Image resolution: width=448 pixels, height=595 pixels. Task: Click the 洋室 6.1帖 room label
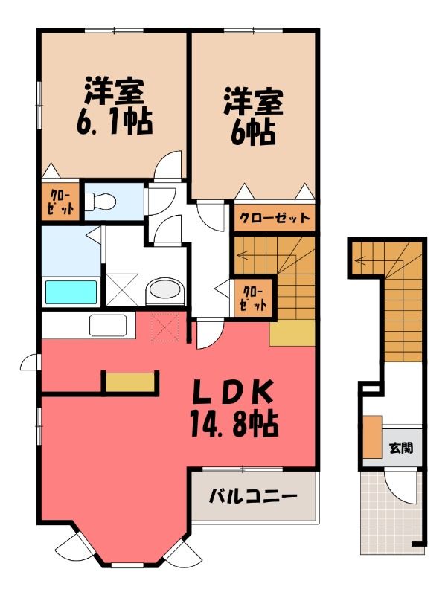pyautogui.click(x=115, y=106)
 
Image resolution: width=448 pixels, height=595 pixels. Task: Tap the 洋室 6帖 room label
pyautogui.click(x=253, y=116)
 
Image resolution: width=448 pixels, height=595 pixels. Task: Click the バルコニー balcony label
pyautogui.click(x=253, y=496)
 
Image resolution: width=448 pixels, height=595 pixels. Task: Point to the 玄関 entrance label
pyautogui.click(x=401, y=448)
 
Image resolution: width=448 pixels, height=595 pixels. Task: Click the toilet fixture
pyautogui.click(x=100, y=201)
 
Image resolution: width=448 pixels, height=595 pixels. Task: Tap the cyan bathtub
pyautogui.click(x=71, y=292)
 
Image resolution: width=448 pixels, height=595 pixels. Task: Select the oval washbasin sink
pyautogui.click(x=164, y=291)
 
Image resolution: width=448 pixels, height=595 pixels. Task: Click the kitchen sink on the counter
pyautogui.click(x=108, y=325)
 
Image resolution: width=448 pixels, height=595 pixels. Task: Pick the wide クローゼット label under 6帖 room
pyautogui.click(x=275, y=218)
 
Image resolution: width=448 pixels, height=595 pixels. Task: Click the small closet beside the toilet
pyautogui.click(x=61, y=202)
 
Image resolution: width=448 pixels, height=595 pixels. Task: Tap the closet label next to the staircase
pyautogui.click(x=254, y=298)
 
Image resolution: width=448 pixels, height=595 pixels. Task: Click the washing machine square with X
pyautogui.click(x=122, y=289)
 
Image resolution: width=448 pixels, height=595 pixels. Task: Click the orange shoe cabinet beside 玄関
pyautogui.click(x=372, y=437)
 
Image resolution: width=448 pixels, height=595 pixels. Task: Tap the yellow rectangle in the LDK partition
pyautogui.click(x=130, y=382)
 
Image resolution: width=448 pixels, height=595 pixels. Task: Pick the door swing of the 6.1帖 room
pyautogui.click(x=168, y=164)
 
